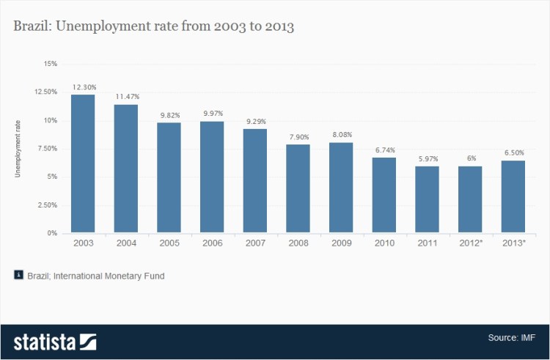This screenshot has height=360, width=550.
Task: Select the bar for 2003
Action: click(x=83, y=164)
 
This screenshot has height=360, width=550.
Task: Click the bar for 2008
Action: click(x=298, y=188)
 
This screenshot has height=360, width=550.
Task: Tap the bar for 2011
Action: click(x=427, y=199)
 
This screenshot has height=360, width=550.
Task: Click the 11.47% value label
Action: click(x=126, y=97)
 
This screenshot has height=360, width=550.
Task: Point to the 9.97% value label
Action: click(x=212, y=114)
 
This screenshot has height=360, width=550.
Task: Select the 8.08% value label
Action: click(x=341, y=135)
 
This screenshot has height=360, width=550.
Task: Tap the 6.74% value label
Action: click(x=384, y=150)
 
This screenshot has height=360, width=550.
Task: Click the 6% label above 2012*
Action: click(x=470, y=158)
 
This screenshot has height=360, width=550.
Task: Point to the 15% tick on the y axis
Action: click(x=50, y=64)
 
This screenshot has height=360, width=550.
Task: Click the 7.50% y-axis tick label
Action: click(x=46, y=148)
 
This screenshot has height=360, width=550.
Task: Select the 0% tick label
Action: click(x=51, y=233)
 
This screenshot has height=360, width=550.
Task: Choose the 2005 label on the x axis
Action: click(x=169, y=243)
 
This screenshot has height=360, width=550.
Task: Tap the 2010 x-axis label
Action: click(x=384, y=243)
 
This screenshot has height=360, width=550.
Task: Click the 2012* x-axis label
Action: click(x=470, y=243)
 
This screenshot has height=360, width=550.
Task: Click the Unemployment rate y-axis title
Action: click(x=18, y=148)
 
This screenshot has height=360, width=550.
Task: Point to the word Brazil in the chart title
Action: click(x=32, y=27)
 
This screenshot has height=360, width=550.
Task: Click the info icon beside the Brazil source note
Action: click(x=18, y=276)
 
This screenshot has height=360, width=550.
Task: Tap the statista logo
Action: click(x=55, y=341)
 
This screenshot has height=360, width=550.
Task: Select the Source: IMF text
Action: click(x=511, y=338)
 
